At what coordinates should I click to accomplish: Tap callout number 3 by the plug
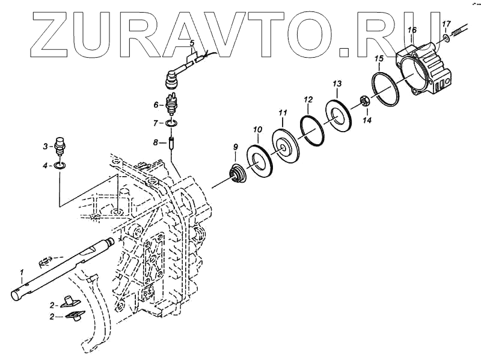[44, 146]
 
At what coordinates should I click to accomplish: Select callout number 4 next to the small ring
[44, 165]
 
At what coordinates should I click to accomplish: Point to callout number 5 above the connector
[192, 43]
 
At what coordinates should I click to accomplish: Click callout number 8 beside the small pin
[155, 142]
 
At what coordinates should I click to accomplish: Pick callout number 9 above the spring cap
[235, 147]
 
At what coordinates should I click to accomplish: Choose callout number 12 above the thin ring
[308, 99]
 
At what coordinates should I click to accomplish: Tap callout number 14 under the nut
[367, 120]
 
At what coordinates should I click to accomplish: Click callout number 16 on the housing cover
[412, 29]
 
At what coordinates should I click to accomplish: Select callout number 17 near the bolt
[446, 24]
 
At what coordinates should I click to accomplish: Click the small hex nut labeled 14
[364, 101]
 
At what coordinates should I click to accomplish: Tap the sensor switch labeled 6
[173, 105]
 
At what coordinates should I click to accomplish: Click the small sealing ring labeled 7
[173, 123]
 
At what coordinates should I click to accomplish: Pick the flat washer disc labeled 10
[260, 159]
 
